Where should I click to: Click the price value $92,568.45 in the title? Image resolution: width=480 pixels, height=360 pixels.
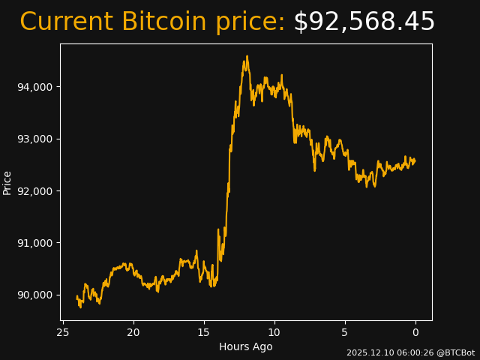click(x=364, y=22)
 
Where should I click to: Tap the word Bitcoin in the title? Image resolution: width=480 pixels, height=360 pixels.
click(x=163, y=22)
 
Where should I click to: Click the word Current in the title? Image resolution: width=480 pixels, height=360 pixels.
click(x=66, y=22)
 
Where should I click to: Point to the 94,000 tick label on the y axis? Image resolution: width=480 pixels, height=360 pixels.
click(x=34, y=87)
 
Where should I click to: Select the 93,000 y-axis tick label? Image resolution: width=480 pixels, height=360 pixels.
click(x=34, y=139)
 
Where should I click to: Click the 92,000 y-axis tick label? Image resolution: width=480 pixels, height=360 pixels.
click(x=34, y=190)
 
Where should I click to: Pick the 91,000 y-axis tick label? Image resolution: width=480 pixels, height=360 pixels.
click(x=34, y=242)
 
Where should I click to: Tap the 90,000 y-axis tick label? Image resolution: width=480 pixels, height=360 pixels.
click(x=34, y=295)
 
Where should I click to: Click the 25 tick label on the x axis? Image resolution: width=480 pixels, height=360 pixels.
click(x=63, y=332)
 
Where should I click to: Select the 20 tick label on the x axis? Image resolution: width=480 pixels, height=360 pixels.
click(x=133, y=332)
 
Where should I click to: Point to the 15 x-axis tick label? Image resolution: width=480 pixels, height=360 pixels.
click(x=204, y=332)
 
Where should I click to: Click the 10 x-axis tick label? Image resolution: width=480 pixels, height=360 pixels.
click(x=274, y=332)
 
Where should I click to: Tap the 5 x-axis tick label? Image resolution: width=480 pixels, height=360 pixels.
click(x=345, y=332)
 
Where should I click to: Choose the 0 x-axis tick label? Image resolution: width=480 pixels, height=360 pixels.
click(x=415, y=332)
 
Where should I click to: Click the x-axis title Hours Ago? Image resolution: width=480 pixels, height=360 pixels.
click(x=246, y=346)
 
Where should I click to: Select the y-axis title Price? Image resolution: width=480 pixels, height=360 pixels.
click(x=7, y=182)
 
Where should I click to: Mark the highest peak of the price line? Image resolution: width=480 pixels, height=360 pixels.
click(x=247, y=56)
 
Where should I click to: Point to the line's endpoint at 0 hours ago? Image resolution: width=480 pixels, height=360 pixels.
click(x=415, y=160)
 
